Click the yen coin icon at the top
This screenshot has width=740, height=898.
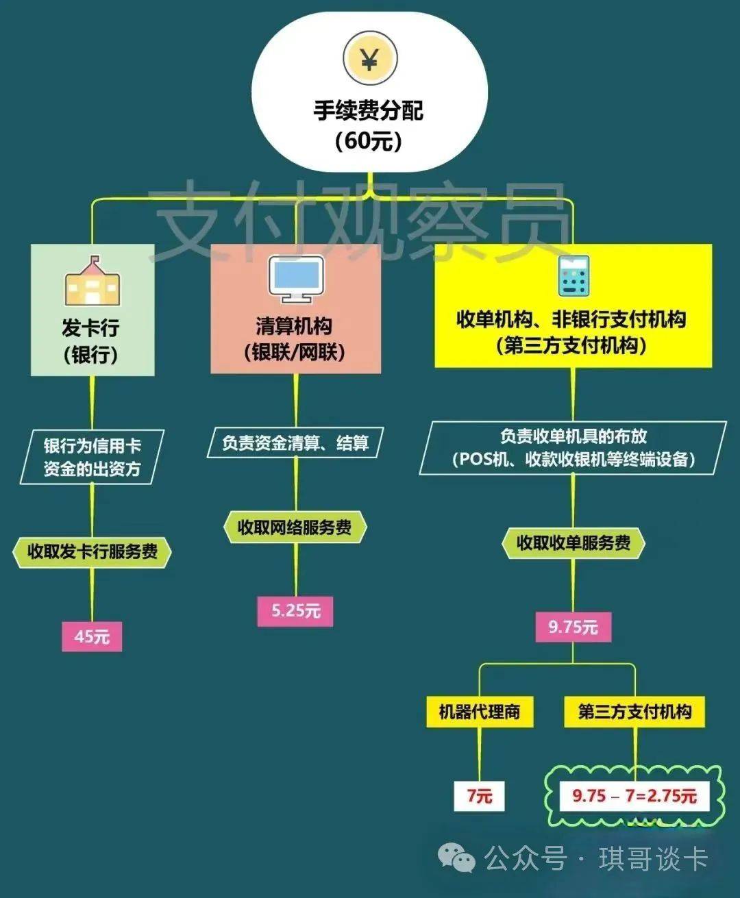[x=370, y=60]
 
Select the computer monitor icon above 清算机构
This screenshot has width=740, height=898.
[x=295, y=279]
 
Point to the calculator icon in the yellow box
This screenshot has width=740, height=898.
[x=573, y=276]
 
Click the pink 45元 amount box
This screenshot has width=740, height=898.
[x=92, y=636]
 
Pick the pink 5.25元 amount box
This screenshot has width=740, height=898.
[x=295, y=610]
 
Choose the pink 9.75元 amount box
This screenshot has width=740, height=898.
[x=573, y=627]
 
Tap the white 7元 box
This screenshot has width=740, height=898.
[x=480, y=796]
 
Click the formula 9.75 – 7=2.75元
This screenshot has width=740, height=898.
[x=634, y=796]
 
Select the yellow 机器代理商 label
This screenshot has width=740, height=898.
[x=479, y=712]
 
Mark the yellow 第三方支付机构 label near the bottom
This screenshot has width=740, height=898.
[x=634, y=712]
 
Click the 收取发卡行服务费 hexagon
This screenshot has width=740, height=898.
[x=92, y=551]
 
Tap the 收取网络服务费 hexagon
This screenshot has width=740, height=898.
[x=295, y=527]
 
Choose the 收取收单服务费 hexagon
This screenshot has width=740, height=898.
[x=573, y=543]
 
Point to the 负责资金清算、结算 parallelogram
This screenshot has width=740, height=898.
[x=295, y=443]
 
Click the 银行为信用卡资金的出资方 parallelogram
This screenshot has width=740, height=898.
[x=92, y=457]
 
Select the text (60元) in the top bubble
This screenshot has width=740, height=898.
[x=369, y=140]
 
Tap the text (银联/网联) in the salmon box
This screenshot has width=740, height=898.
[x=295, y=352]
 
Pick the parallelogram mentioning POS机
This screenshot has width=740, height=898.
[x=573, y=448]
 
